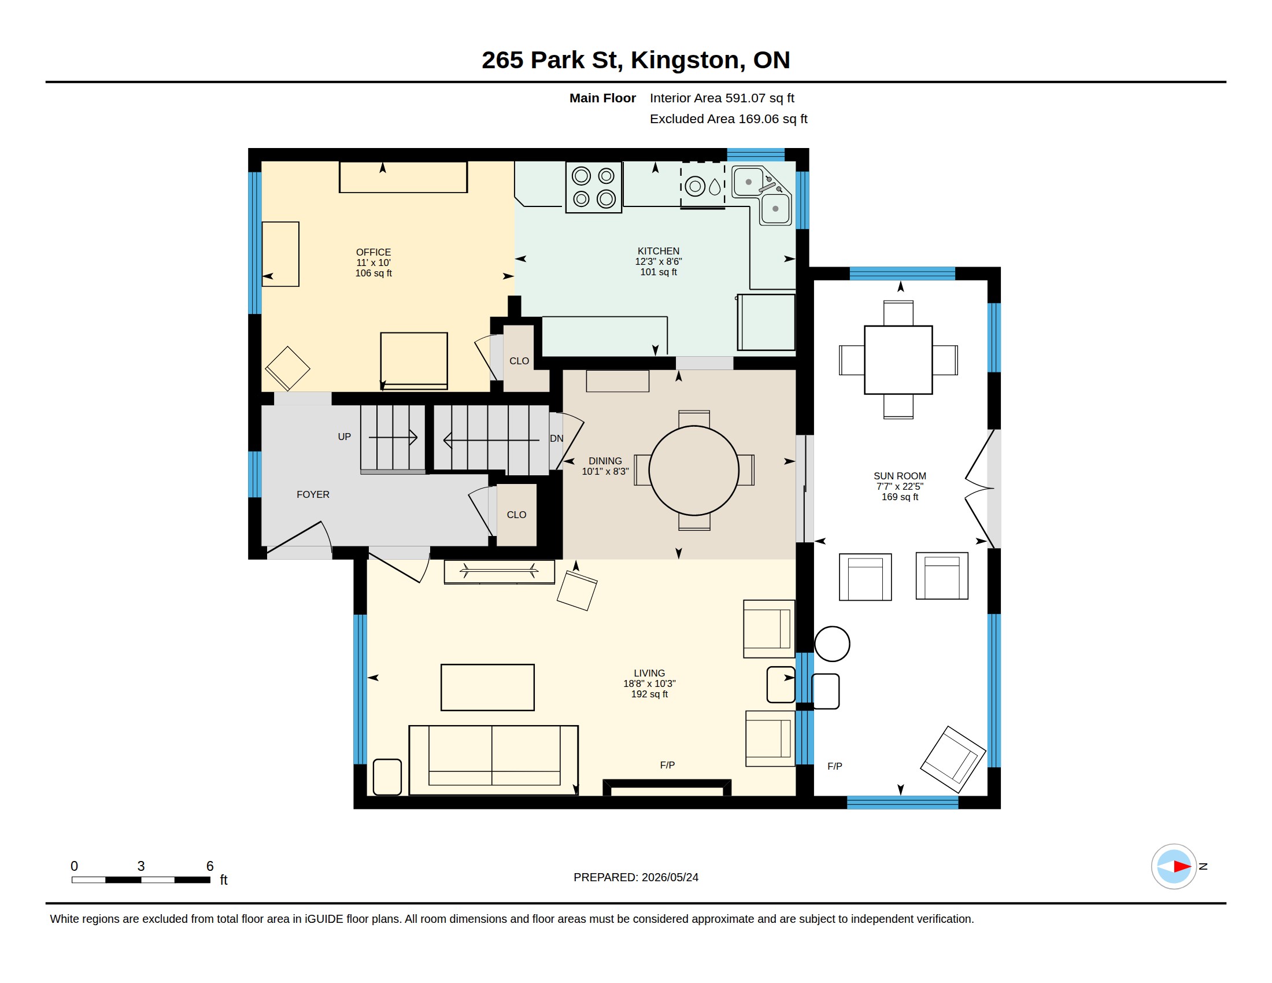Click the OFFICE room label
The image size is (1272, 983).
[x=374, y=252]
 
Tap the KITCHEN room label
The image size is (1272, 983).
[x=658, y=251]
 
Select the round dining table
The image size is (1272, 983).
[x=694, y=471]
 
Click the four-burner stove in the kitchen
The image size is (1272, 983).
[x=593, y=187]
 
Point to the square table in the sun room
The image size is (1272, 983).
[x=898, y=360]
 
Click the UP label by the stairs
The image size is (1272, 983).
[x=344, y=437]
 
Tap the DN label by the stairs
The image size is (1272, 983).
[x=556, y=438]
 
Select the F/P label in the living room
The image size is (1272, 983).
[x=667, y=765]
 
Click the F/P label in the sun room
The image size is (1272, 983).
[x=834, y=766]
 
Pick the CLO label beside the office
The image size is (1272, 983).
[x=519, y=361]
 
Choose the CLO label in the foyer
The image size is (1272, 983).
[x=516, y=515]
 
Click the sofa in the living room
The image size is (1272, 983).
[x=493, y=760]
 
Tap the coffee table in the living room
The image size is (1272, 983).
[x=487, y=687]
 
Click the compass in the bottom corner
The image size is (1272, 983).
[x=1174, y=867]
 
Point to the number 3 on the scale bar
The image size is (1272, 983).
[x=141, y=866]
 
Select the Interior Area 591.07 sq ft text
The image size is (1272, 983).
[x=722, y=98]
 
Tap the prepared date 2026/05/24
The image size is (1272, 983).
[x=670, y=877]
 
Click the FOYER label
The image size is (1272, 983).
[x=313, y=494]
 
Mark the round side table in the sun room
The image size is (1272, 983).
[x=831, y=644]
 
